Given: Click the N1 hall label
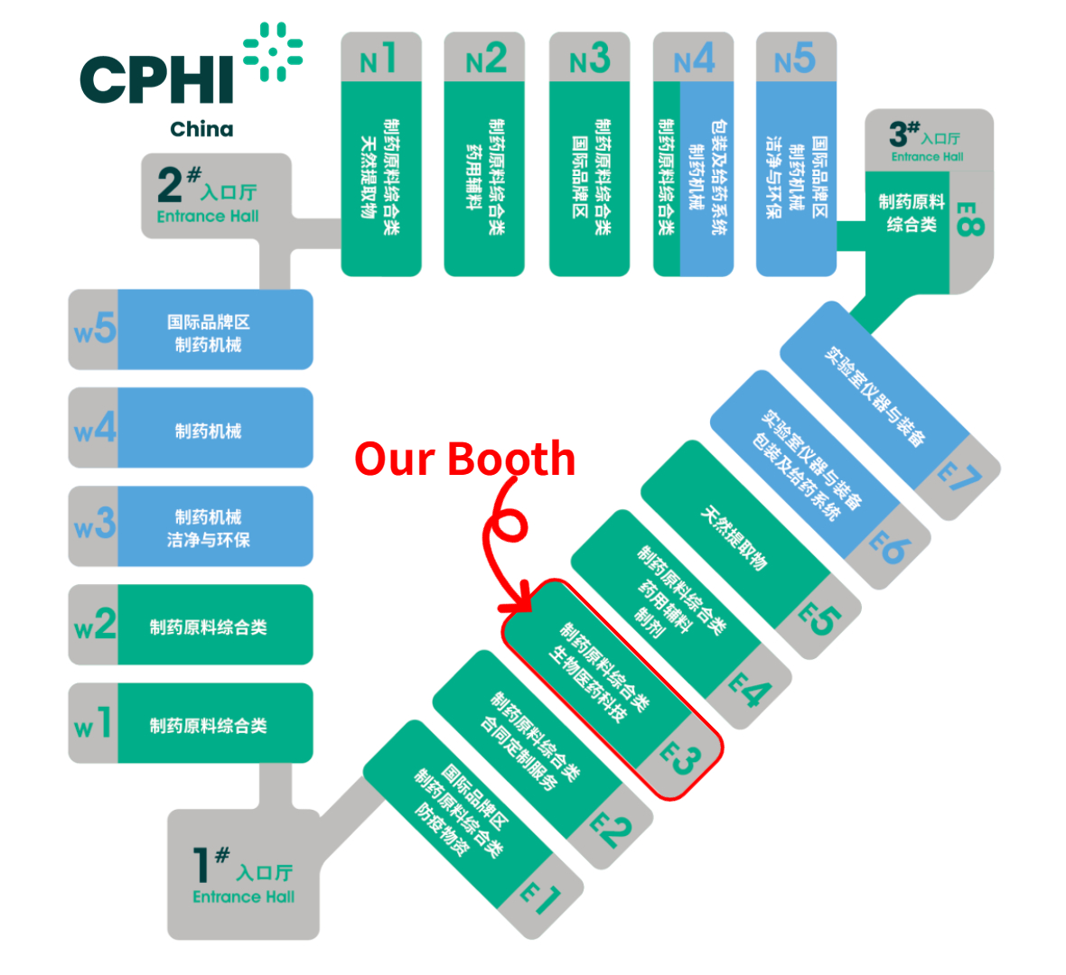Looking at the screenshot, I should pos(379,60).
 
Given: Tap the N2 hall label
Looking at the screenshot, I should pos(485,60).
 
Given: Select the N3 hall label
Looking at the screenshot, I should pos(589,60).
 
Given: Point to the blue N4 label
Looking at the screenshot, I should pos(694,60).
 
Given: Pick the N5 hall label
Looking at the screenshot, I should pos(795,60).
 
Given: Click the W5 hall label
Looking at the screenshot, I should pos(95,330).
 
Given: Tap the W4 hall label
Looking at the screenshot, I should pos(95,428).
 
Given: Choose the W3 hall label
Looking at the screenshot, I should pos(95,525).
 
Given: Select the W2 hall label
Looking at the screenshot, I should pos(95,625).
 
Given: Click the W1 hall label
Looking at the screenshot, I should pos(93,723).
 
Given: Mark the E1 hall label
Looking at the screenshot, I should pos(540,898).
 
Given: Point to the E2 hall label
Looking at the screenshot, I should pos(610,828).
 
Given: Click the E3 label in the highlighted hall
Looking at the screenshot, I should pos(680,757).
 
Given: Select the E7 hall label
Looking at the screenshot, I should pos(958,476).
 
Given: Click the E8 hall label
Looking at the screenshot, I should pos(968,219).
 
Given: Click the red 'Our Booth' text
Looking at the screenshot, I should pos(464,459).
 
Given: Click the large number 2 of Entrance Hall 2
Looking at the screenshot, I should pos(170,185).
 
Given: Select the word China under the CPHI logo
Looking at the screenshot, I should pos(201,129).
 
